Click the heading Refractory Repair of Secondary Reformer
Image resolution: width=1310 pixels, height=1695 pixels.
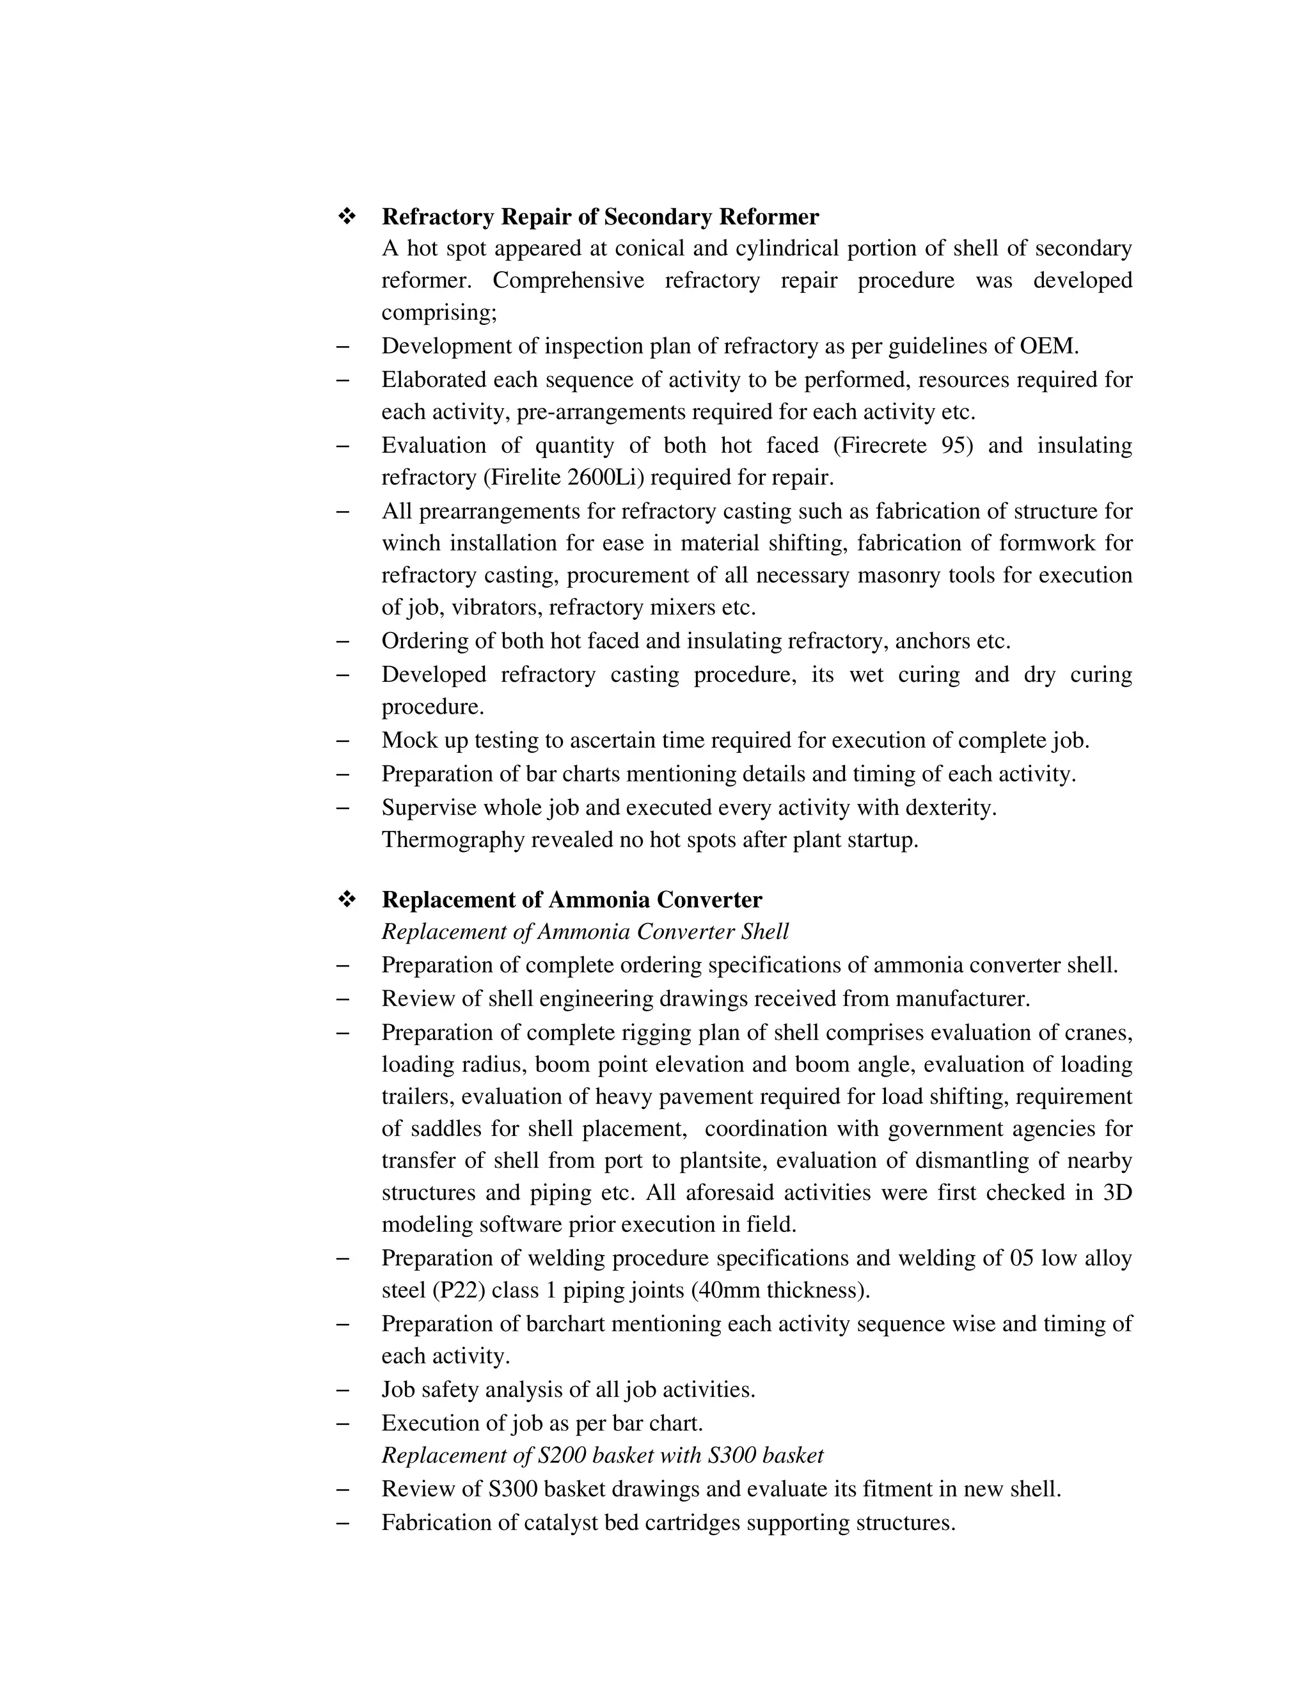click(x=600, y=217)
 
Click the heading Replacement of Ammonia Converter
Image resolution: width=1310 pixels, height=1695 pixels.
click(x=572, y=899)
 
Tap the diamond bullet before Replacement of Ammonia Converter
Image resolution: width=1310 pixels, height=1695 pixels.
click(x=346, y=899)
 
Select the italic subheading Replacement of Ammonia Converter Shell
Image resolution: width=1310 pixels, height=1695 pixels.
click(x=585, y=931)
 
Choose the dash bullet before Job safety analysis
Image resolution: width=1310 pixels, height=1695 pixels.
click(x=342, y=1390)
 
